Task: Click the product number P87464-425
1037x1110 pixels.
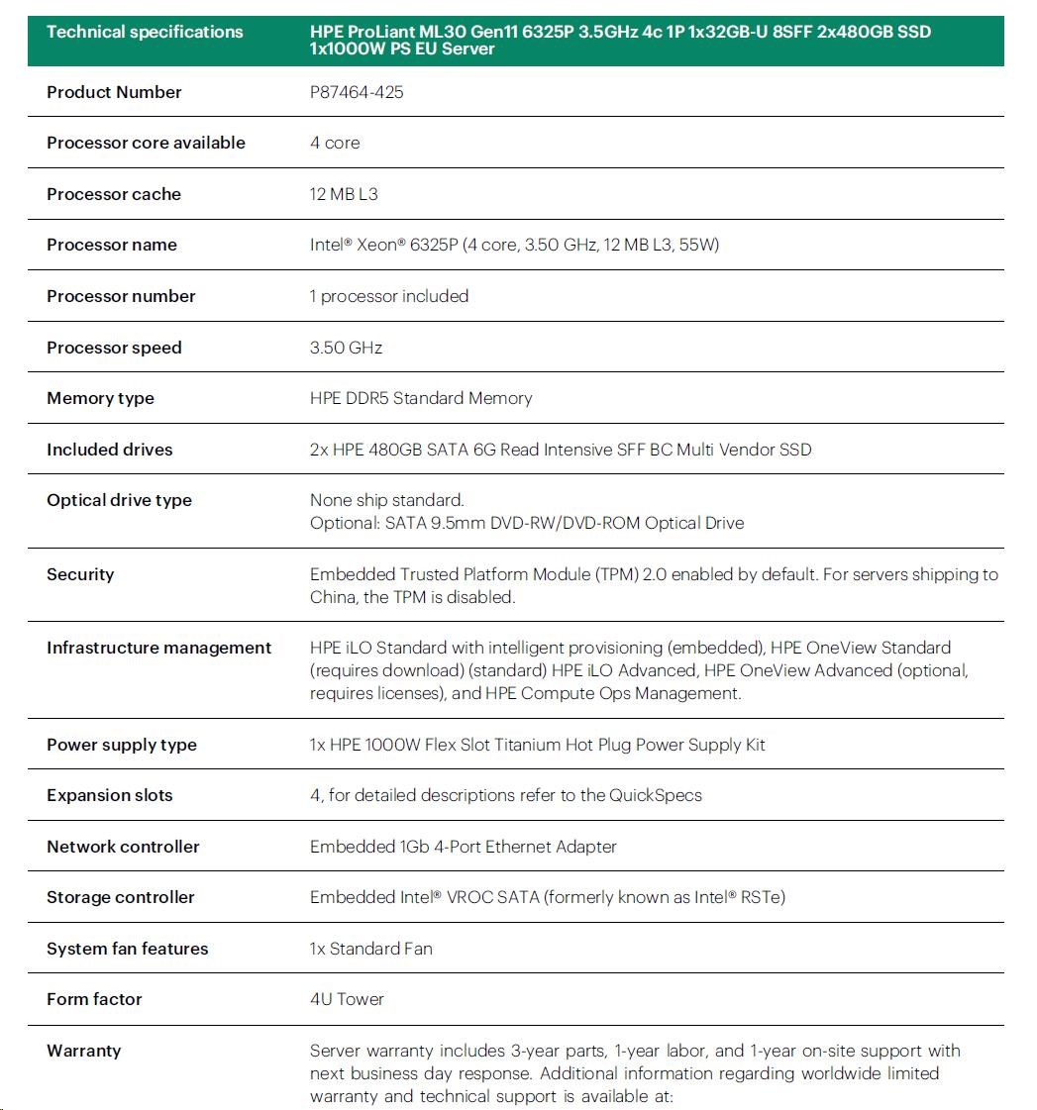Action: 357,92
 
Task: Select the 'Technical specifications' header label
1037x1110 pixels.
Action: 145,32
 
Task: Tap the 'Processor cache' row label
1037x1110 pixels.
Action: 114,194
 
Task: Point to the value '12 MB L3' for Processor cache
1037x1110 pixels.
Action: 344,194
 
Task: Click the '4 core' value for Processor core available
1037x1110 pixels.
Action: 335,143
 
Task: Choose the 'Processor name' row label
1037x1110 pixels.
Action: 112,245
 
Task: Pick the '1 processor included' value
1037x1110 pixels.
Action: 389,296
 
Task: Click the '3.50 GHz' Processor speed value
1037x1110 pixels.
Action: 346,348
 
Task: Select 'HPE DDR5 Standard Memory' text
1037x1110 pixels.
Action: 421,398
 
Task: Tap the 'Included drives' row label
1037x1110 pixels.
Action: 110,450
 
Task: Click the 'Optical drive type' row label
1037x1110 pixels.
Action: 119,500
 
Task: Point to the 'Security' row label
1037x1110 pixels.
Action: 80,574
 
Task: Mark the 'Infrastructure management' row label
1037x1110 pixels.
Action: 158,648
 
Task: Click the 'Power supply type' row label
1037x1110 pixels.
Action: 122,745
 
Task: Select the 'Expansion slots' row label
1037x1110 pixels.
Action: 110,795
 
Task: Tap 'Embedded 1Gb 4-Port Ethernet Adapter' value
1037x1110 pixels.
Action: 464,847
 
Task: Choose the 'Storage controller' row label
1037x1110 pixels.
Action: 121,897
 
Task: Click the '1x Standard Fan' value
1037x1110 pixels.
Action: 371,949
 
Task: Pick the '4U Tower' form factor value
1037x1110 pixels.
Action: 347,999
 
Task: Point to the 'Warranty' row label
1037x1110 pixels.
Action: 83,1051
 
